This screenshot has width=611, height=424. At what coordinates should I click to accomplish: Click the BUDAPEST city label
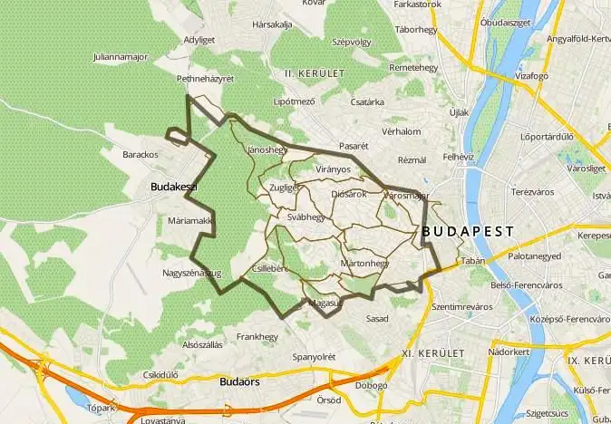(468, 232)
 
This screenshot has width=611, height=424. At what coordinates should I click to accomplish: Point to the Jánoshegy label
(267, 149)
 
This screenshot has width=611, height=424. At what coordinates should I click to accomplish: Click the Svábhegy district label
(305, 218)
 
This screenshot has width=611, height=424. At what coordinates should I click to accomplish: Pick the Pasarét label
(354, 145)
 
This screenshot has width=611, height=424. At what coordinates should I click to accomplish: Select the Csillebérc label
(271, 268)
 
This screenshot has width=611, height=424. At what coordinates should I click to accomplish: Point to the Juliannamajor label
(120, 57)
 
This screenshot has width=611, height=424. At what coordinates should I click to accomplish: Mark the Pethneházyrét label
(205, 79)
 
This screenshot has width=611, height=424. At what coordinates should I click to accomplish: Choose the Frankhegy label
(257, 336)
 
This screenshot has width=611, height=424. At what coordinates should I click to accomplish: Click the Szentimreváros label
(461, 307)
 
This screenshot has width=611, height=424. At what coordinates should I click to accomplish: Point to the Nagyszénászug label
(191, 273)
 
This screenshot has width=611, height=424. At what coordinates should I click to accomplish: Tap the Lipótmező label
(295, 101)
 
